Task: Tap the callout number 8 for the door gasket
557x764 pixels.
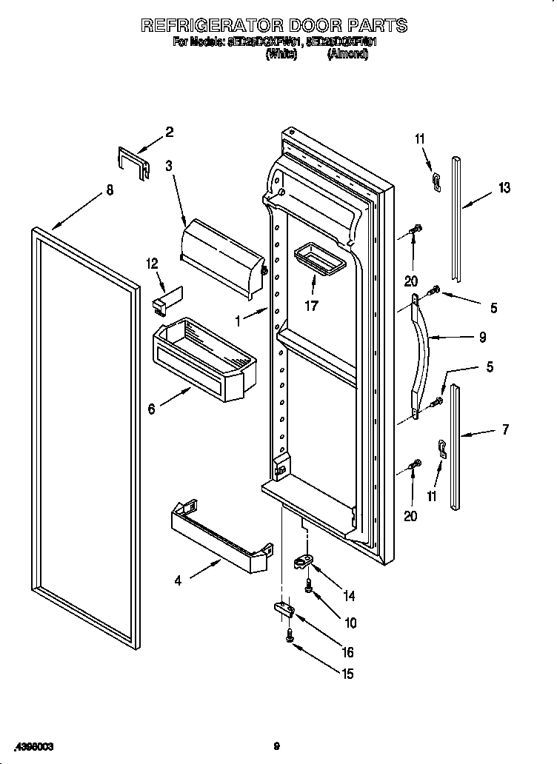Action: pos(110,190)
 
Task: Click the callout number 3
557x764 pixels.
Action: pos(169,167)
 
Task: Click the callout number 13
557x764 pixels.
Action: pos(504,188)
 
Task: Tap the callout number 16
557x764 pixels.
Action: pos(347,652)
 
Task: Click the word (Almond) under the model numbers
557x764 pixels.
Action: pos(347,53)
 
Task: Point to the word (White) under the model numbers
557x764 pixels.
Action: pos(281,53)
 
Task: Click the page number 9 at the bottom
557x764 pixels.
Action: pos(276,745)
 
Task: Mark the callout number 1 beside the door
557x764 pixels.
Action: pos(238,321)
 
